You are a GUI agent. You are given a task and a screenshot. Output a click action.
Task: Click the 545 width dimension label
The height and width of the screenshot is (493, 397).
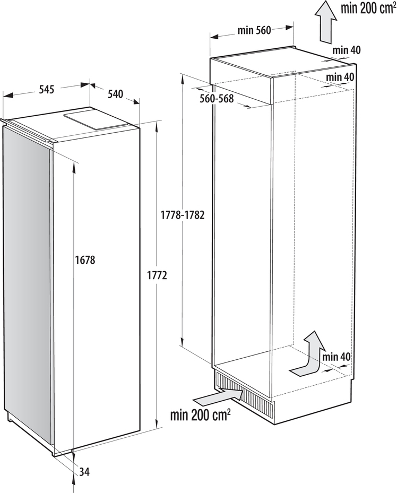coord(47,90)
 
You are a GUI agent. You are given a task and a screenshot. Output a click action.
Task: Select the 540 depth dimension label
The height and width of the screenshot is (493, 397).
coord(115,94)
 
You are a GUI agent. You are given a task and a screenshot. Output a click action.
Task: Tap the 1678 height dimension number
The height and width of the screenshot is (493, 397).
coord(85,260)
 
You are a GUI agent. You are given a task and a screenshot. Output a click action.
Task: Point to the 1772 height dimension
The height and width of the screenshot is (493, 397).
coord(157,275)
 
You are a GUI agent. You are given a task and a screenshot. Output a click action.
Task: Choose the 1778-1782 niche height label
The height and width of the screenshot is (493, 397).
coord(183,215)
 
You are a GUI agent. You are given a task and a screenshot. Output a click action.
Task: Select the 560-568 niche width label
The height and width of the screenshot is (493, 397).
coord(217,99)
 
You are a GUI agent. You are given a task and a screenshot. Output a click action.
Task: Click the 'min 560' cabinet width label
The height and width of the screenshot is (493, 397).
coord(254,30)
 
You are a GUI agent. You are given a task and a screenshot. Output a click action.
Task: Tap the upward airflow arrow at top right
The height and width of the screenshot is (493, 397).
coord(326,21)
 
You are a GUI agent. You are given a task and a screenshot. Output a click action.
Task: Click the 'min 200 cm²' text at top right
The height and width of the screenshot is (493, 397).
coord(368,8)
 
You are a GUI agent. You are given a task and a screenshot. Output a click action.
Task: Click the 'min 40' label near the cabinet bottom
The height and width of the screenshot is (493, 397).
coord(336,357)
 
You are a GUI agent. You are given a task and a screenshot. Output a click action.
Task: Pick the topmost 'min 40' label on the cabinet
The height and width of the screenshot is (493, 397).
coord(347,50)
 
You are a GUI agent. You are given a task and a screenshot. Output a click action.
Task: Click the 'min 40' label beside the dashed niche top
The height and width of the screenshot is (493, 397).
coord(340,76)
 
